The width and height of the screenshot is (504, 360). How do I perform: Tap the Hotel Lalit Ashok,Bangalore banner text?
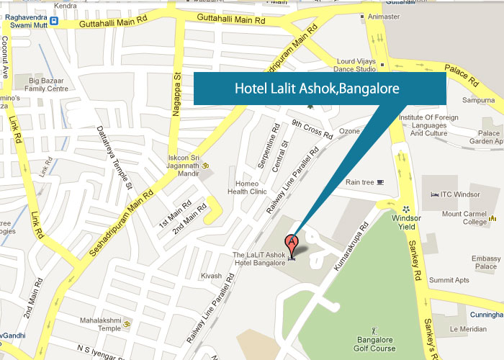coord(318,89)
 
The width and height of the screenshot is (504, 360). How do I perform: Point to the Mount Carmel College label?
coord(464,218)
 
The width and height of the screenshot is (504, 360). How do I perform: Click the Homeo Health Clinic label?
coord(247,187)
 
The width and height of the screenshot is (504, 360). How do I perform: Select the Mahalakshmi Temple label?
coord(99,324)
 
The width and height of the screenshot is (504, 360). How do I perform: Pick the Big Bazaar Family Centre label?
coord(48,84)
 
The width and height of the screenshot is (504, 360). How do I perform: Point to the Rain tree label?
coord(360,182)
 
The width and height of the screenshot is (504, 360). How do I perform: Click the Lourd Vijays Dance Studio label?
coord(355,66)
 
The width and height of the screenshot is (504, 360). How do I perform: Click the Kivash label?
coord(211,275)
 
